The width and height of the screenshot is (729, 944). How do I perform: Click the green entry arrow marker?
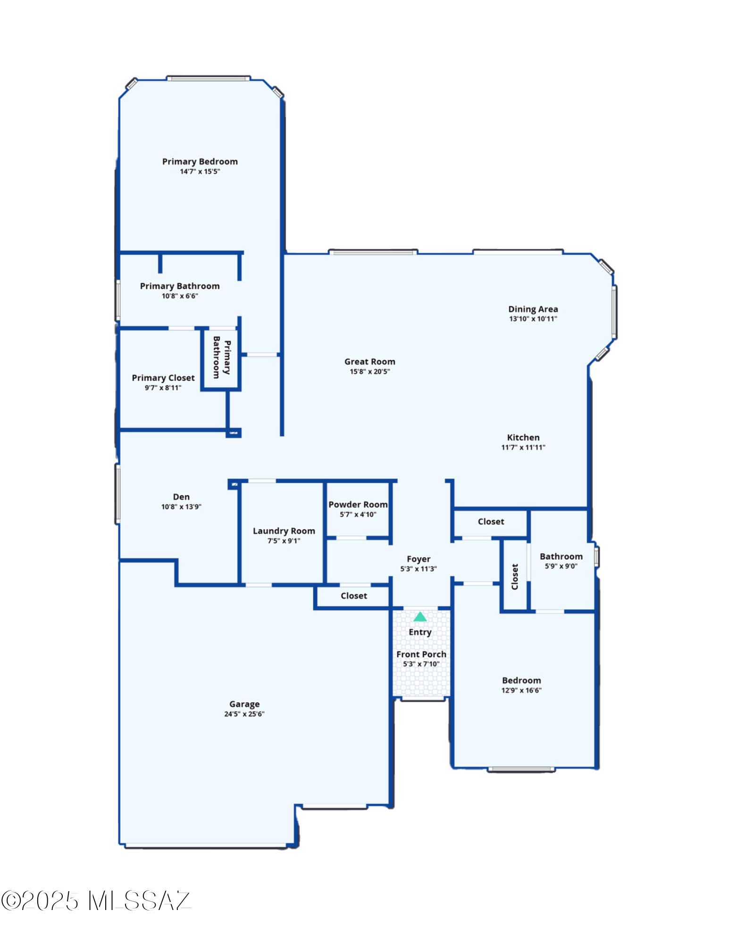[x=420, y=616]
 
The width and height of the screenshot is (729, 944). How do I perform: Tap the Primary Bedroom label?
[x=200, y=161]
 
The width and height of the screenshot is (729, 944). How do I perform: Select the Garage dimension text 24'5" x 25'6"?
[x=244, y=714]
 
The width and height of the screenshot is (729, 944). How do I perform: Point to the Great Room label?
[x=369, y=362]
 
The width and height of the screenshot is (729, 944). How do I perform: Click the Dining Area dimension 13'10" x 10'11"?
[x=533, y=319]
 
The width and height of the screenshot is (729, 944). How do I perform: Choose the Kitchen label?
[x=523, y=438]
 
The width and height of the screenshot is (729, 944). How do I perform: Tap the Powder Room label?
[x=358, y=505]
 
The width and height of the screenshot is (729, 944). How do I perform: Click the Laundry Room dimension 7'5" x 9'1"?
[x=284, y=541]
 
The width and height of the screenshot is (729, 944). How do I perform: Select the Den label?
[x=181, y=497]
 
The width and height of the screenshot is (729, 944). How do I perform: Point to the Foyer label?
[x=419, y=559]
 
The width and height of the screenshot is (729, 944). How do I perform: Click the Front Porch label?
[x=421, y=654]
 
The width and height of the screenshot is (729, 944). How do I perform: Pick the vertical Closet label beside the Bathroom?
[x=515, y=576]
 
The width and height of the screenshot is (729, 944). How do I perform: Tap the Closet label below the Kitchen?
[x=491, y=522]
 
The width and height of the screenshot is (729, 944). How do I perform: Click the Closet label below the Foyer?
[x=354, y=596]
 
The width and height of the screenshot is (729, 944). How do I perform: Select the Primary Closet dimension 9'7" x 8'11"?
[x=163, y=388]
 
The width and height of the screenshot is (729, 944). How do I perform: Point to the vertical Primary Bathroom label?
[x=222, y=357]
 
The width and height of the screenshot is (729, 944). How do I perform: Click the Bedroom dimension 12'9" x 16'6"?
[x=521, y=690]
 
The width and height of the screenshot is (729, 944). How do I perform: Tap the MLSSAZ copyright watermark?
[x=96, y=901]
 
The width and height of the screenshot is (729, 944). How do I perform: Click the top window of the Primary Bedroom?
[x=208, y=78]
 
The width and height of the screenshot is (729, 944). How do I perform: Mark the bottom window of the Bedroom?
[x=521, y=769]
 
